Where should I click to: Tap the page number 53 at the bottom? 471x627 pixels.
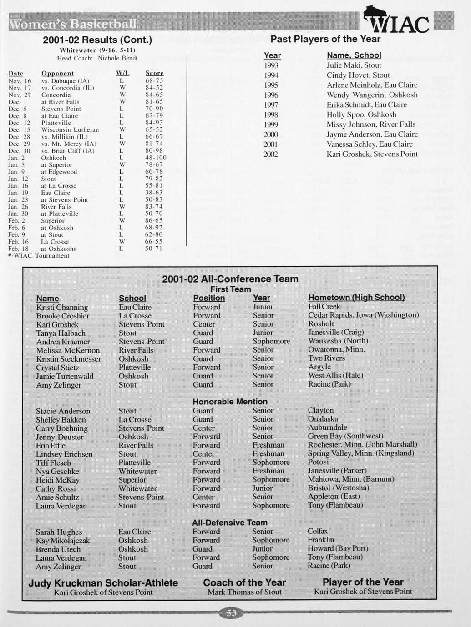pos(232,613)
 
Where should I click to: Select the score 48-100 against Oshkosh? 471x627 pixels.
pos(156,158)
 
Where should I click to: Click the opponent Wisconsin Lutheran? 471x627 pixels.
pos(70,130)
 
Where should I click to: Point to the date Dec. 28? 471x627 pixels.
pos(19,137)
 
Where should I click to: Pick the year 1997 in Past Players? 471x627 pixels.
pos(271,105)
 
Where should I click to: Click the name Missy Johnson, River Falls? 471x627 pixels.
pos(371,124)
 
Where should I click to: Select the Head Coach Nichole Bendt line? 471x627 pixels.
pos(97,58)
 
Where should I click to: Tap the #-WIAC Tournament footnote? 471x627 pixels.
pos(39,256)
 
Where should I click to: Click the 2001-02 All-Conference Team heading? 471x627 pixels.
pos(230,279)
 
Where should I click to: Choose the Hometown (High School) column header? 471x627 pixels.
pos(356,298)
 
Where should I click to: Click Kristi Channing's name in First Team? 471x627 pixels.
pos(62,308)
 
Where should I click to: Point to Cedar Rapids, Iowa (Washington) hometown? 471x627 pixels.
pos(363,315)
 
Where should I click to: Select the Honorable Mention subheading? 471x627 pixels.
pos(230,402)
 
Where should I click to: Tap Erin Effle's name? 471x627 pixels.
pos(51,446)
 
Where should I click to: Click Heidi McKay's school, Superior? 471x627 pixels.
pos(132,480)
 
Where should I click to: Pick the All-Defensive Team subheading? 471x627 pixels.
pos(230,522)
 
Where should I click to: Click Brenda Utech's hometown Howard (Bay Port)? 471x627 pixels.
pos(338,548)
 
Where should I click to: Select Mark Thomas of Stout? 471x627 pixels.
pos(244,592)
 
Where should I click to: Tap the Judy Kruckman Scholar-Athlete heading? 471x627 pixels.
pos(103,583)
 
